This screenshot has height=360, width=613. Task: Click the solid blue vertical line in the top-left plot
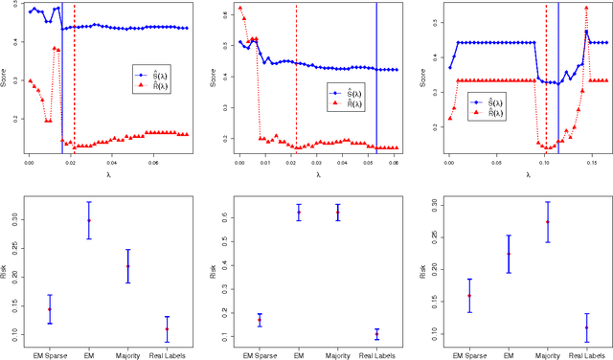click(62, 86)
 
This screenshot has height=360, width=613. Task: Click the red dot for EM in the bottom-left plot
click(89, 220)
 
